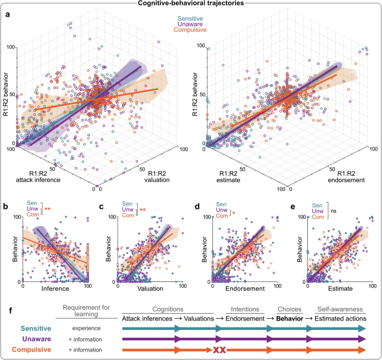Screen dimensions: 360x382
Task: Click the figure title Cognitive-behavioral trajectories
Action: point(190,4)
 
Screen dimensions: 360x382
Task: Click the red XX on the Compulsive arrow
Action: point(218,350)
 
